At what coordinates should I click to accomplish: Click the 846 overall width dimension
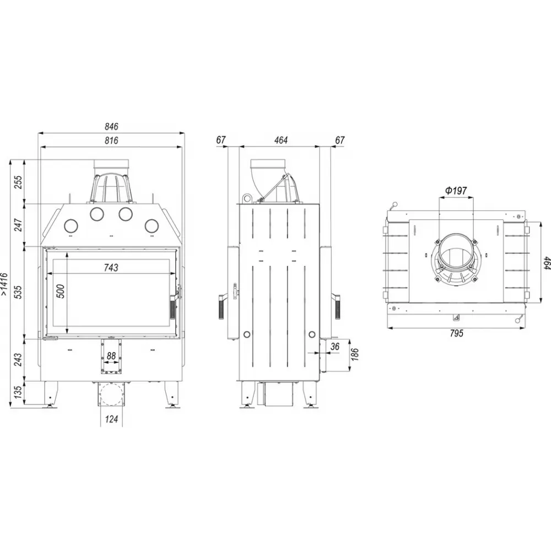coord(111,127)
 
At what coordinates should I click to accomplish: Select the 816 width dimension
coord(111,141)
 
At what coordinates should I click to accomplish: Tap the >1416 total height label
coord(4,284)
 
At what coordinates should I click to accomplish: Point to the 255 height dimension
coord(18,182)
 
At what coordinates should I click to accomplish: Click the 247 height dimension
coord(18,225)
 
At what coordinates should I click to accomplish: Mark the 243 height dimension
coord(18,359)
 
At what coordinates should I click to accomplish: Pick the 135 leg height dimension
coord(18,391)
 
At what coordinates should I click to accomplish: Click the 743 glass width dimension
coord(111,268)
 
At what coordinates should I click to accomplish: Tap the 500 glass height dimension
coord(61,291)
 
